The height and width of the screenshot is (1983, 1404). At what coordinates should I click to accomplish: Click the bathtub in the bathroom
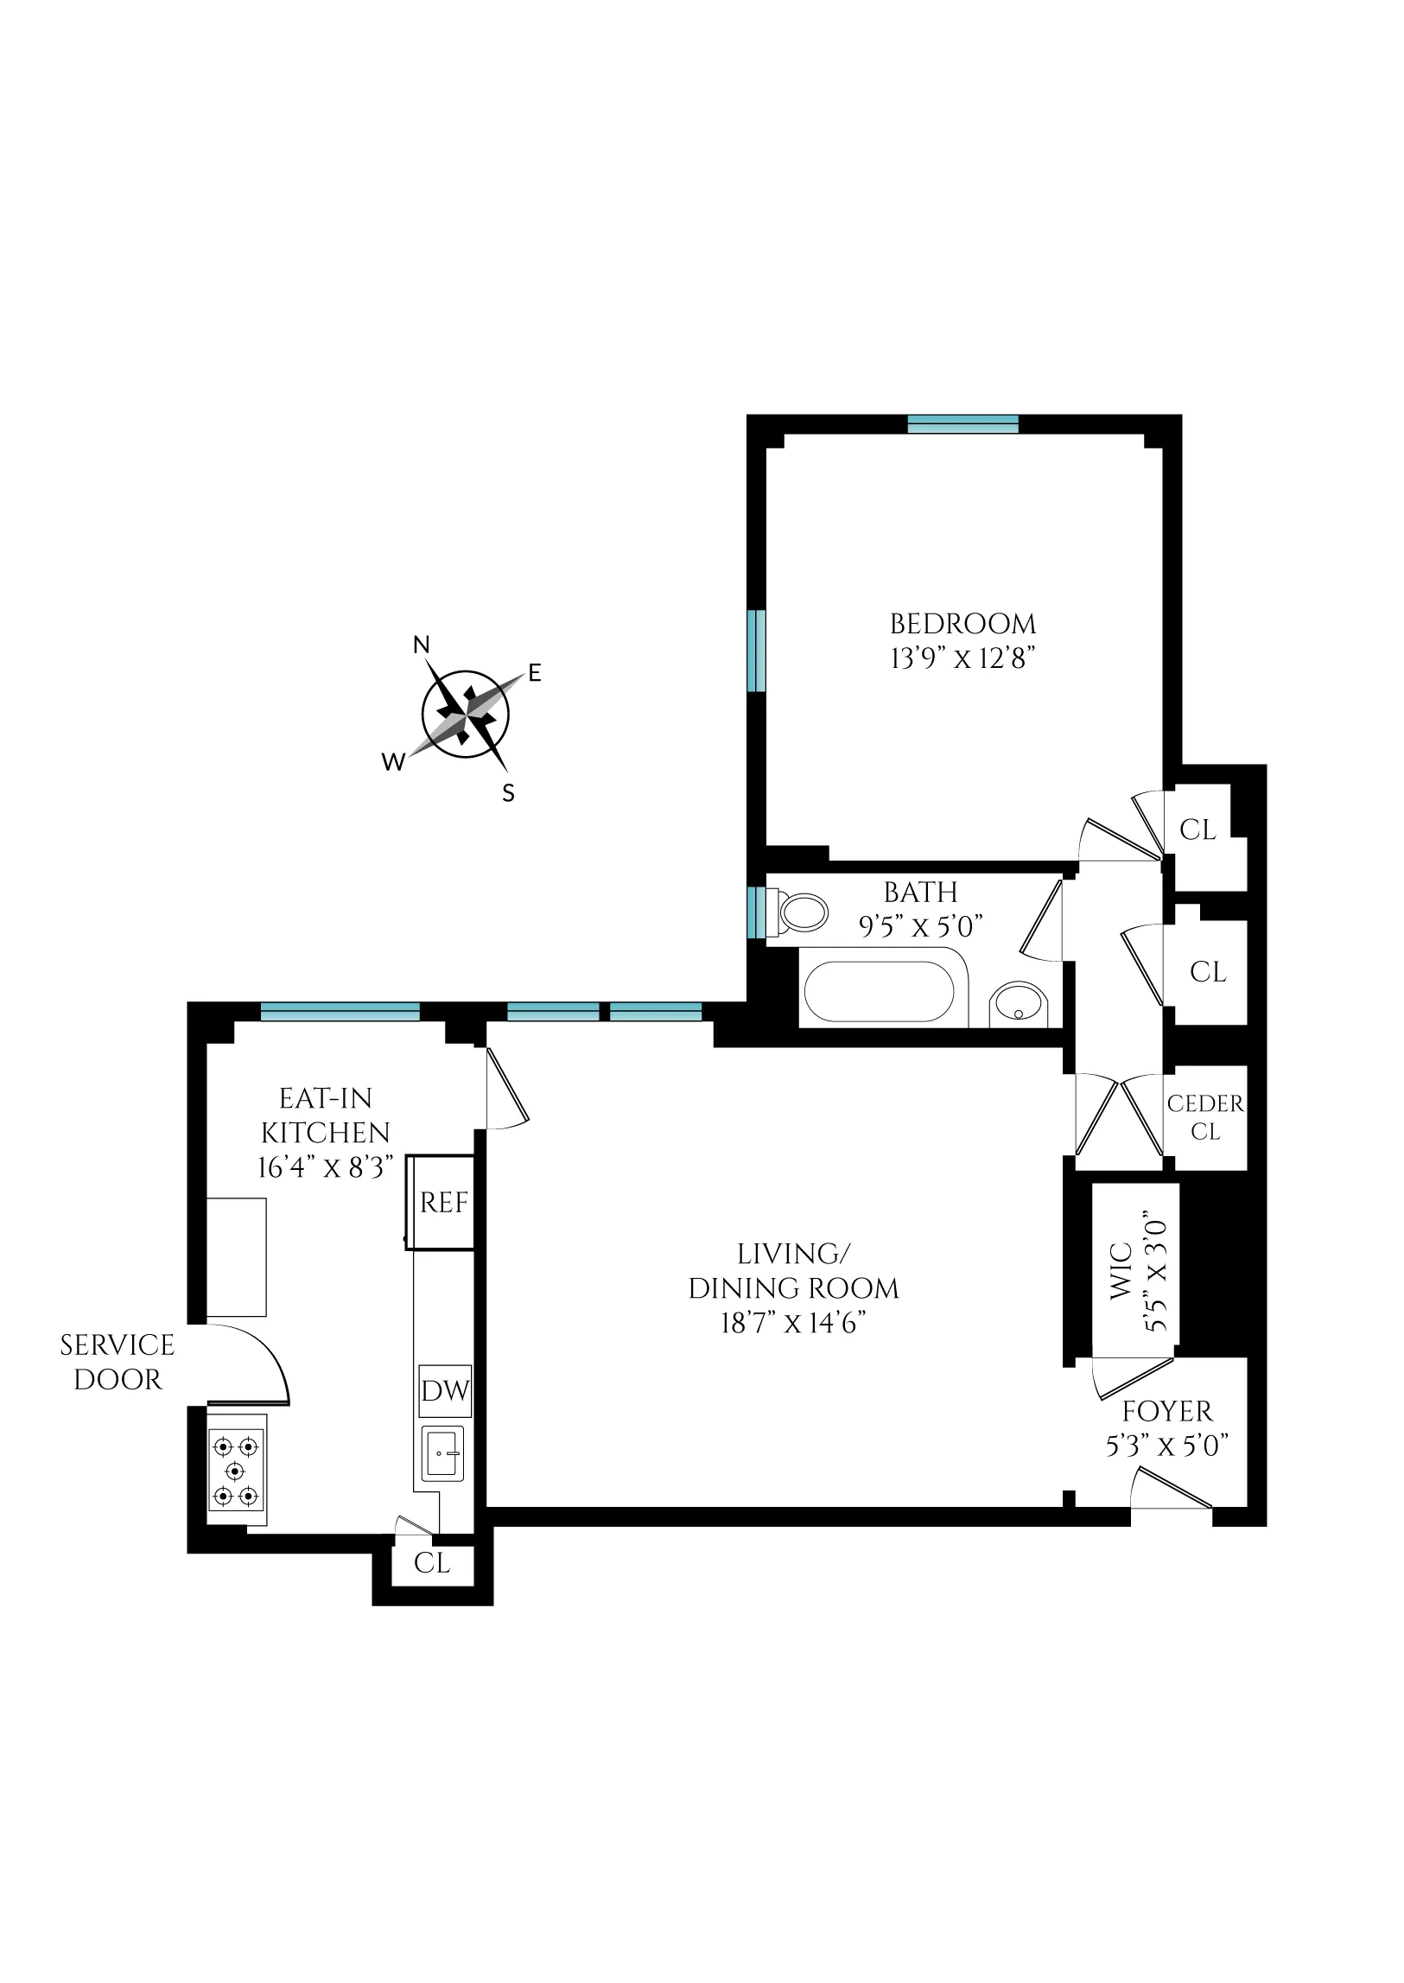[x=880, y=992]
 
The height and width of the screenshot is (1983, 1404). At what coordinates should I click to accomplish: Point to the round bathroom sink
[x=1020, y=1005]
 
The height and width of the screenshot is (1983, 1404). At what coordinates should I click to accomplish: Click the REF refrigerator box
[x=443, y=1203]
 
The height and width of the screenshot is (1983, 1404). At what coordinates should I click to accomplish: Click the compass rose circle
[x=465, y=715]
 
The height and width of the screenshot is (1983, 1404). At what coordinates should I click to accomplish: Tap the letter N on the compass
[x=421, y=645]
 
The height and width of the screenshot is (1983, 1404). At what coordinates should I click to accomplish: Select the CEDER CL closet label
[x=1205, y=1117]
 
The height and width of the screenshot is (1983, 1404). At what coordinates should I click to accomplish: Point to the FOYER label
[x=1167, y=1412]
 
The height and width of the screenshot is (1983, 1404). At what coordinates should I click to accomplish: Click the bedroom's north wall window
[x=963, y=423]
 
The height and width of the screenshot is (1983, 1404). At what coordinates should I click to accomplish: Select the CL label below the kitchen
[x=431, y=1563]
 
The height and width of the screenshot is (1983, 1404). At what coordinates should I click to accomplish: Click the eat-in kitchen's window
[x=340, y=1011]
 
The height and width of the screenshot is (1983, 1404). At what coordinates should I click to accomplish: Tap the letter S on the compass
[x=508, y=792]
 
